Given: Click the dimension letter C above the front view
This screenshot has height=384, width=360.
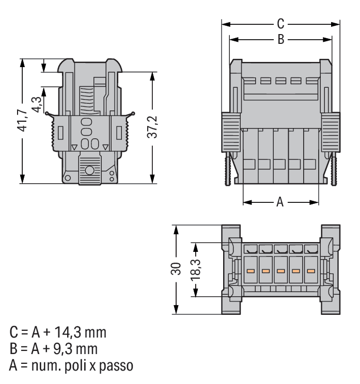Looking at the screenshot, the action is [x=280, y=24].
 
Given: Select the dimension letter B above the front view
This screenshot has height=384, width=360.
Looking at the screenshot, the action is [x=281, y=39].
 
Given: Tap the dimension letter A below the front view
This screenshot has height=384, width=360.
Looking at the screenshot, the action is [x=280, y=202].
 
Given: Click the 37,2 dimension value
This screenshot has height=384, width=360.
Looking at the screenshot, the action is [x=152, y=127].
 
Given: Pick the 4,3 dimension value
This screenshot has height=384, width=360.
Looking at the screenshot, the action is [x=37, y=105].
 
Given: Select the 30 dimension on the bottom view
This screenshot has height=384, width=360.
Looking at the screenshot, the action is [x=176, y=269].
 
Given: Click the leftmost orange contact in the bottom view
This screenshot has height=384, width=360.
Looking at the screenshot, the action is [x=251, y=271].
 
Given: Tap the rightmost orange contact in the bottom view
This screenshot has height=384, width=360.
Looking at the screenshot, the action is [x=311, y=271].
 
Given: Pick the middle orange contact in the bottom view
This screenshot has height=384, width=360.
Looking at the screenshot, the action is [x=280, y=271].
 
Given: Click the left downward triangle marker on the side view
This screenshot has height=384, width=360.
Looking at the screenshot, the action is [x=74, y=147].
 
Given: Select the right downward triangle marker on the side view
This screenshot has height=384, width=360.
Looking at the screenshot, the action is [x=105, y=147].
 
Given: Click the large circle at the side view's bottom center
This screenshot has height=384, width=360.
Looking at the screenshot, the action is [x=89, y=170].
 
